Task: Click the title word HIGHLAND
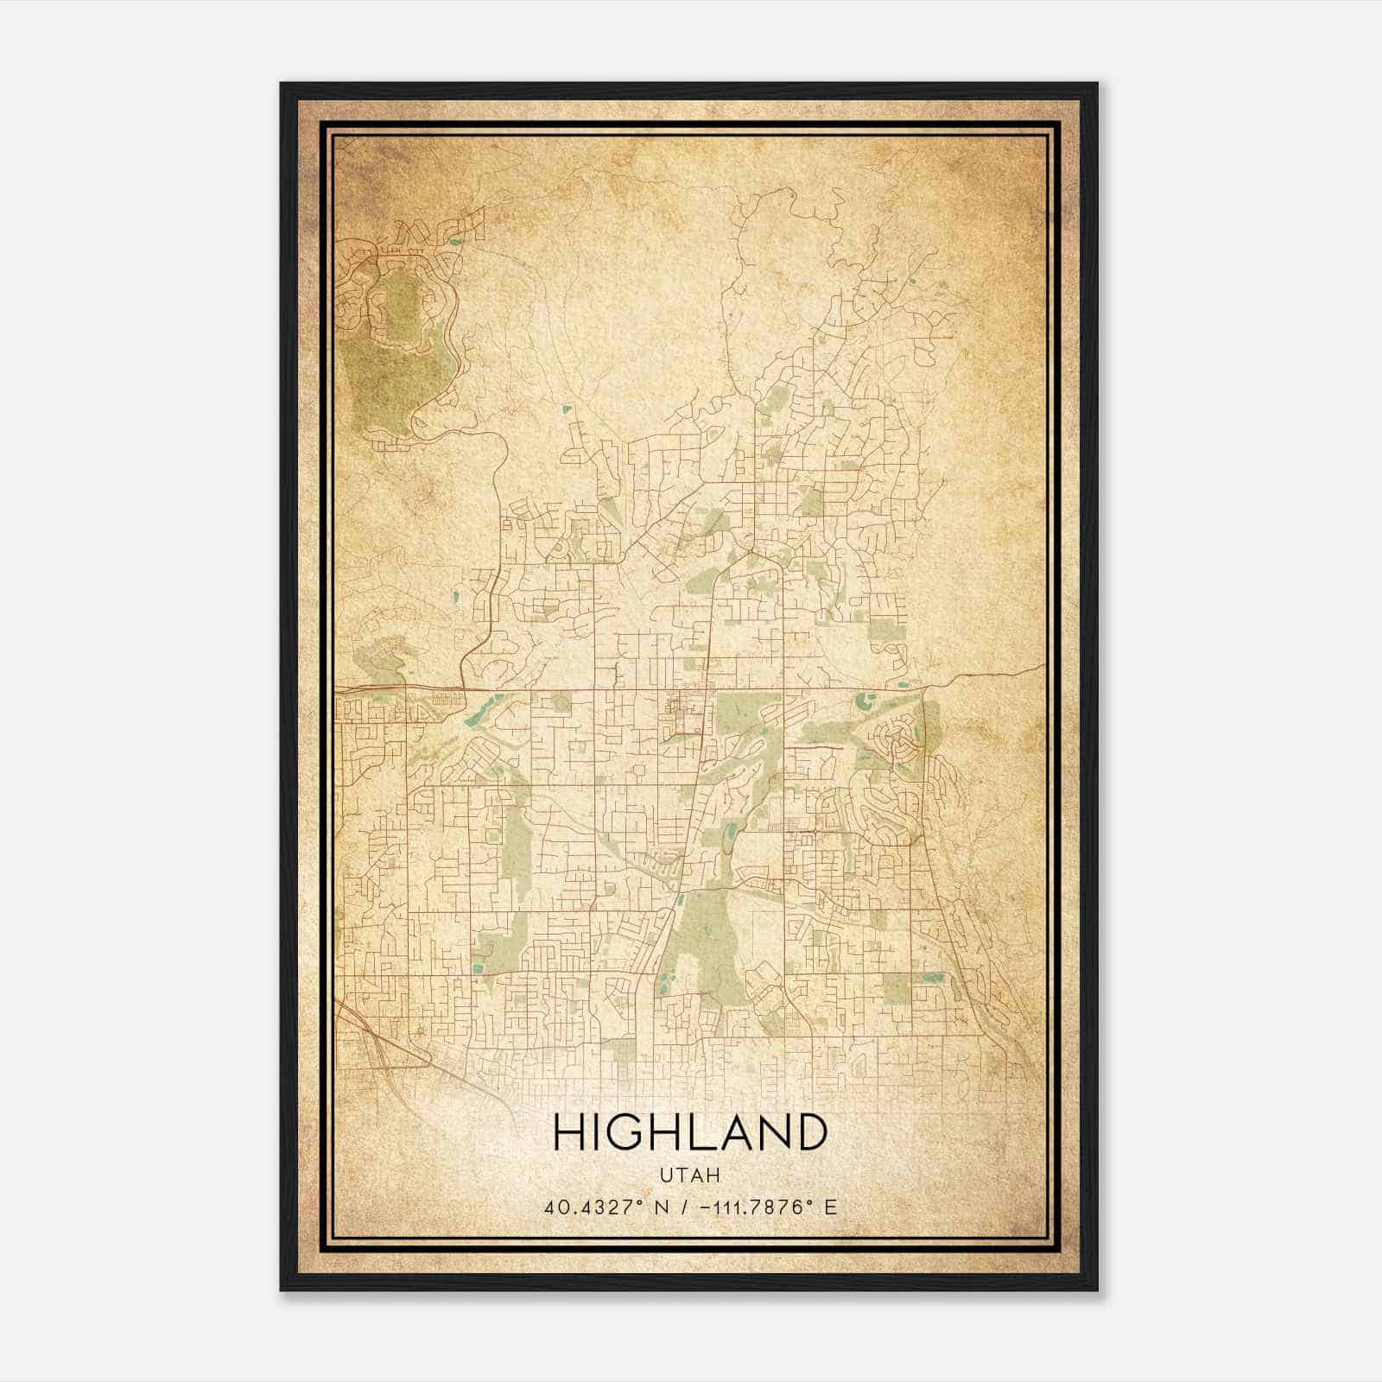pyautogui.click(x=689, y=1133)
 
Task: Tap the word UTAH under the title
pyautogui.click(x=689, y=1176)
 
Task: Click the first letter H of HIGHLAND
pyautogui.click(x=568, y=1133)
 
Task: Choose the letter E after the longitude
pyautogui.click(x=831, y=1207)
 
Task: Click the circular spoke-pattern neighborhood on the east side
pyautogui.click(x=899, y=739)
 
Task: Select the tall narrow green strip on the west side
pyautogui.click(x=513, y=838)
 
